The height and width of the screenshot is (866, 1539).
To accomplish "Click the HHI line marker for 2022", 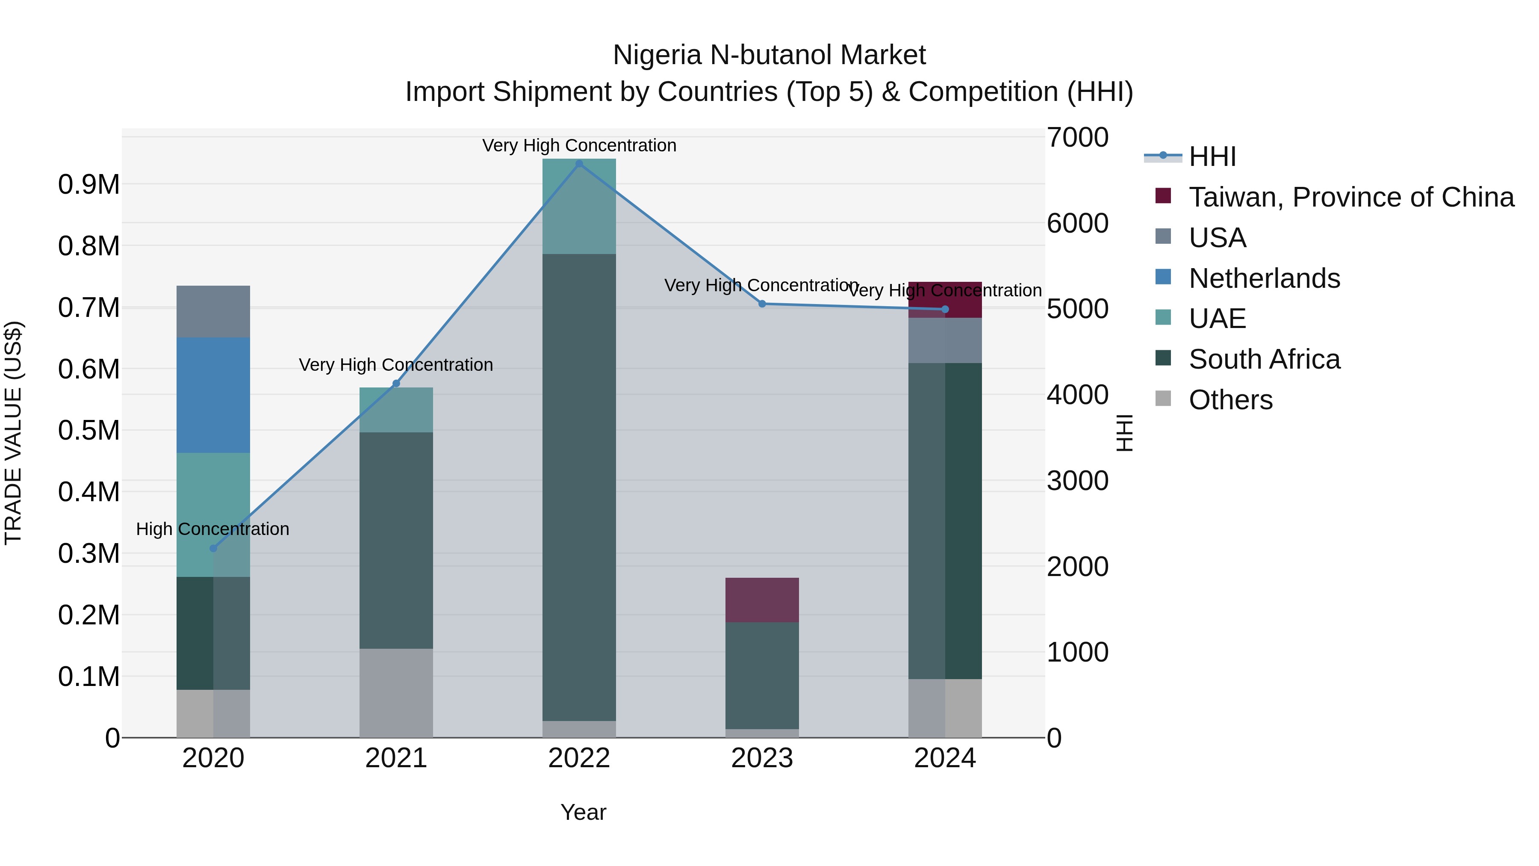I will click(579, 164).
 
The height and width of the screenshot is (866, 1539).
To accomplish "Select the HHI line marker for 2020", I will click(213, 548).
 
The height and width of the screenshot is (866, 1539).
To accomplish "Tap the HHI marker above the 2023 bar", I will click(762, 304).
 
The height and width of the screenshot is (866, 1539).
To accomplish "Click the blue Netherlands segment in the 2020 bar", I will click(213, 395).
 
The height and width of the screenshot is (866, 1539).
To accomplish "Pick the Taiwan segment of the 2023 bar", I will click(762, 600).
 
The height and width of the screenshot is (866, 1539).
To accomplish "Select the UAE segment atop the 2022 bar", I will click(579, 206).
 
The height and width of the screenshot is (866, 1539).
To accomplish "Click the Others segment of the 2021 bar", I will click(396, 693).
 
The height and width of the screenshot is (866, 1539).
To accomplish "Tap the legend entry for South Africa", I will click(1264, 359).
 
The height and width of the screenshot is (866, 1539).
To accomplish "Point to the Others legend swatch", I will click(1163, 398).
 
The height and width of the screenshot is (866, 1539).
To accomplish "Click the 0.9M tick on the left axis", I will click(89, 185).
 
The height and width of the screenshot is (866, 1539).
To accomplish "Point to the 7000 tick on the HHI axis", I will click(1077, 137).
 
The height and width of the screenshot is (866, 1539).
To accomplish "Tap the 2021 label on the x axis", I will click(396, 758).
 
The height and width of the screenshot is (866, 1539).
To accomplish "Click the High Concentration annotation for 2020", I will click(213, 529).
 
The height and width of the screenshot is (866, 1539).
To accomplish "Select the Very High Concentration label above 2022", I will click(579, 145).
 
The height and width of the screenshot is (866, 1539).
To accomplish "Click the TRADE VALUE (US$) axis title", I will click(14, 433).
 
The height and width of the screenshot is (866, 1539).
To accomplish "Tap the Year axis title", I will click(583, 812).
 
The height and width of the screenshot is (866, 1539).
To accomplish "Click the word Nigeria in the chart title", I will click(657, 55).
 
